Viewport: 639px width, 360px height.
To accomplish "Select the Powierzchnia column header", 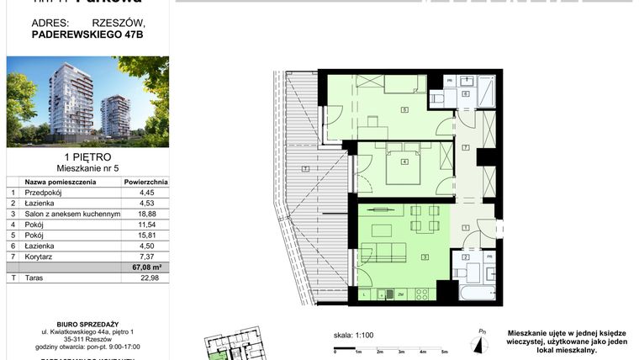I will tap(146, 181).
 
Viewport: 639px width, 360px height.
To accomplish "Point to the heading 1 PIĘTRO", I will tap(87, 157).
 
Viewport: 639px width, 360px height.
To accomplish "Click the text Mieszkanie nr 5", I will tap(87, 168).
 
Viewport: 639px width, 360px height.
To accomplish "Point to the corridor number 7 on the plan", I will tap(466, 148).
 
